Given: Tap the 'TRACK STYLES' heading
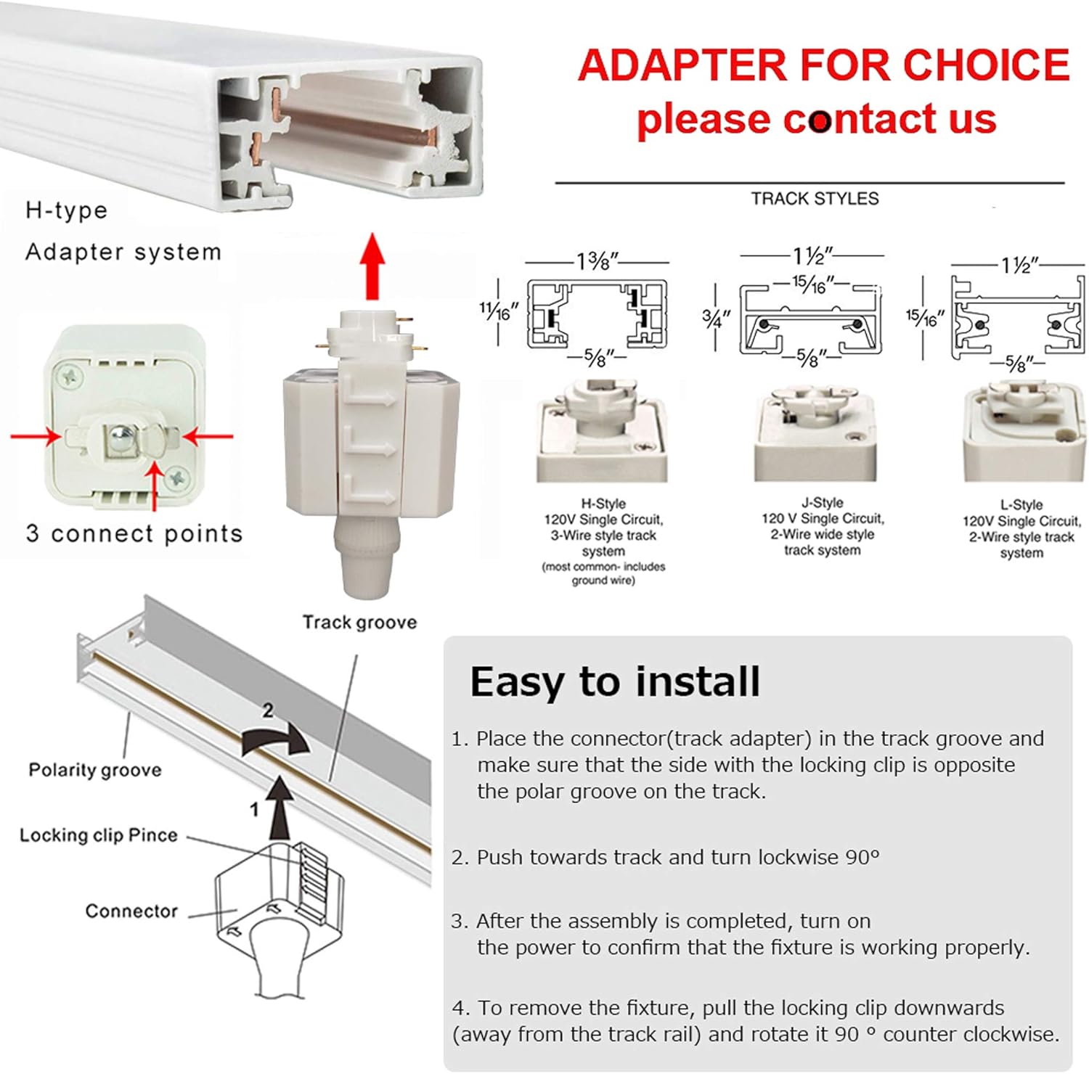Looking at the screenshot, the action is click(815, 199).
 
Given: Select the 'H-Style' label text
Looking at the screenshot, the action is click(603, 503).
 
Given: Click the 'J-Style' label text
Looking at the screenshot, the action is click(823, 502).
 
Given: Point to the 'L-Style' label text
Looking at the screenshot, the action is click(1021, 504).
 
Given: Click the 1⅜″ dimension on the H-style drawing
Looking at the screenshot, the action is click(597, 261).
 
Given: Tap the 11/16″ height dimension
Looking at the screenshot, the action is click(499, 312).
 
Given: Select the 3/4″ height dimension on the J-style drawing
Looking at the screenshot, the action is click(716, 317).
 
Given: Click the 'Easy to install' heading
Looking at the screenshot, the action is click(615, 682).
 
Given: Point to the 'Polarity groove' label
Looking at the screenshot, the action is click(95, 770).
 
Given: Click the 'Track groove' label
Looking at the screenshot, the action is click(359, 622).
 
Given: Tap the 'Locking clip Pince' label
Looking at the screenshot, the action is click(98, 835).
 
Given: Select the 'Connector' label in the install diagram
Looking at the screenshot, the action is click(131, 911).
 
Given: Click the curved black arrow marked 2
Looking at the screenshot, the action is click(276, 739).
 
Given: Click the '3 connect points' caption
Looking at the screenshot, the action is click(134, 533).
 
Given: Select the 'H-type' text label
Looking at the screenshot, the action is click(66, 210).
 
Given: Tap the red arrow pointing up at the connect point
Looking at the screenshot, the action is click(154, 487).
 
